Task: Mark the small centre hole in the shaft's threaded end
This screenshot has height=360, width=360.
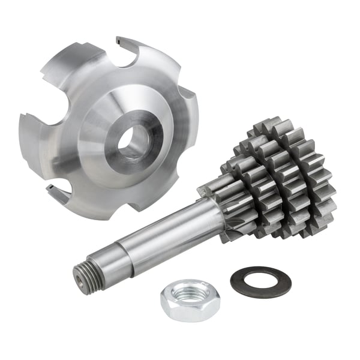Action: [x=80, y=278]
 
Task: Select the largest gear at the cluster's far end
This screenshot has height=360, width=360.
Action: [x=306, y=180]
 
